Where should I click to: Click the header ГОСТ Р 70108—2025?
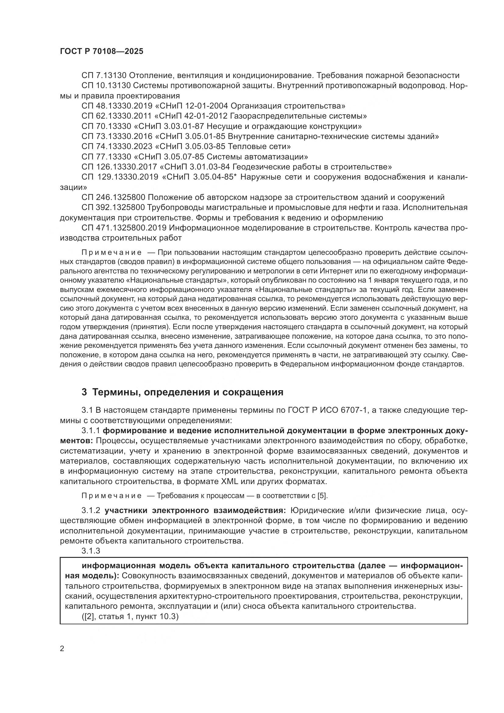[x=101, y=52]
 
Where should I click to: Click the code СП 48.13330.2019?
[x=117, y=106]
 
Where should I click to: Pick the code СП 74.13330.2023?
[x=117, y=146]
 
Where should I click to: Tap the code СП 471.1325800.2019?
[x=124, y=228]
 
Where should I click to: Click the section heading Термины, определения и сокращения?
[x=188, y=392]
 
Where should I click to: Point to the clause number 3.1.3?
[x=91, y=551]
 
